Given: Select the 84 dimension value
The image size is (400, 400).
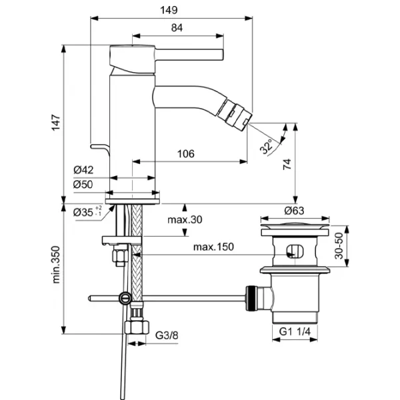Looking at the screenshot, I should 177,27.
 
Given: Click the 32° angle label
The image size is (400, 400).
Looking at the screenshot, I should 268,146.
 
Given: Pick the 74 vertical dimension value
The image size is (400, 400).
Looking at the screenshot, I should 288,165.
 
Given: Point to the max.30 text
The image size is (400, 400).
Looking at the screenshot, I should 185,220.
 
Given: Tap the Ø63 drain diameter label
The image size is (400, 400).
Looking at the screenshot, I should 295,211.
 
